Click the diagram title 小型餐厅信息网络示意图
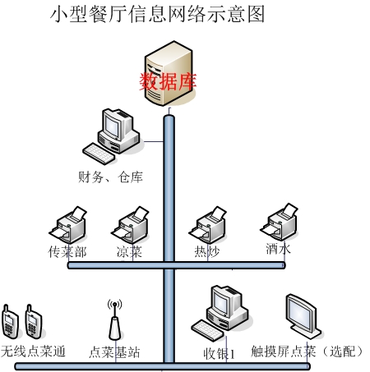[x=157, y=14]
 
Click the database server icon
[x=169, y=73]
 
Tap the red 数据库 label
[x=168, y=81]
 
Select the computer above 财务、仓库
[x=113, y=136]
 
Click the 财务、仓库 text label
[x=110, y=177]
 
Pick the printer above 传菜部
[x=68, y=225]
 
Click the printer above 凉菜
[x=130, y=225]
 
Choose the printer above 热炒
[x=207, y=225]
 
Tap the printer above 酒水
[x=279, y=222]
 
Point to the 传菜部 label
[x=67, y=251]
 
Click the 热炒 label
[x=207, y=251]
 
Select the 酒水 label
[x=278, y=249]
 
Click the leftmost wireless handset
[x=10, y=321]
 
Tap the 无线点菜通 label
[x=33, y=351]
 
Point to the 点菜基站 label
[x=114, y=352]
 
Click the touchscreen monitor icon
[x=303, y=316]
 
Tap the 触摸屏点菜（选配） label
[x=307, y=351]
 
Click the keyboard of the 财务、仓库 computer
[x=99, y=154]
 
